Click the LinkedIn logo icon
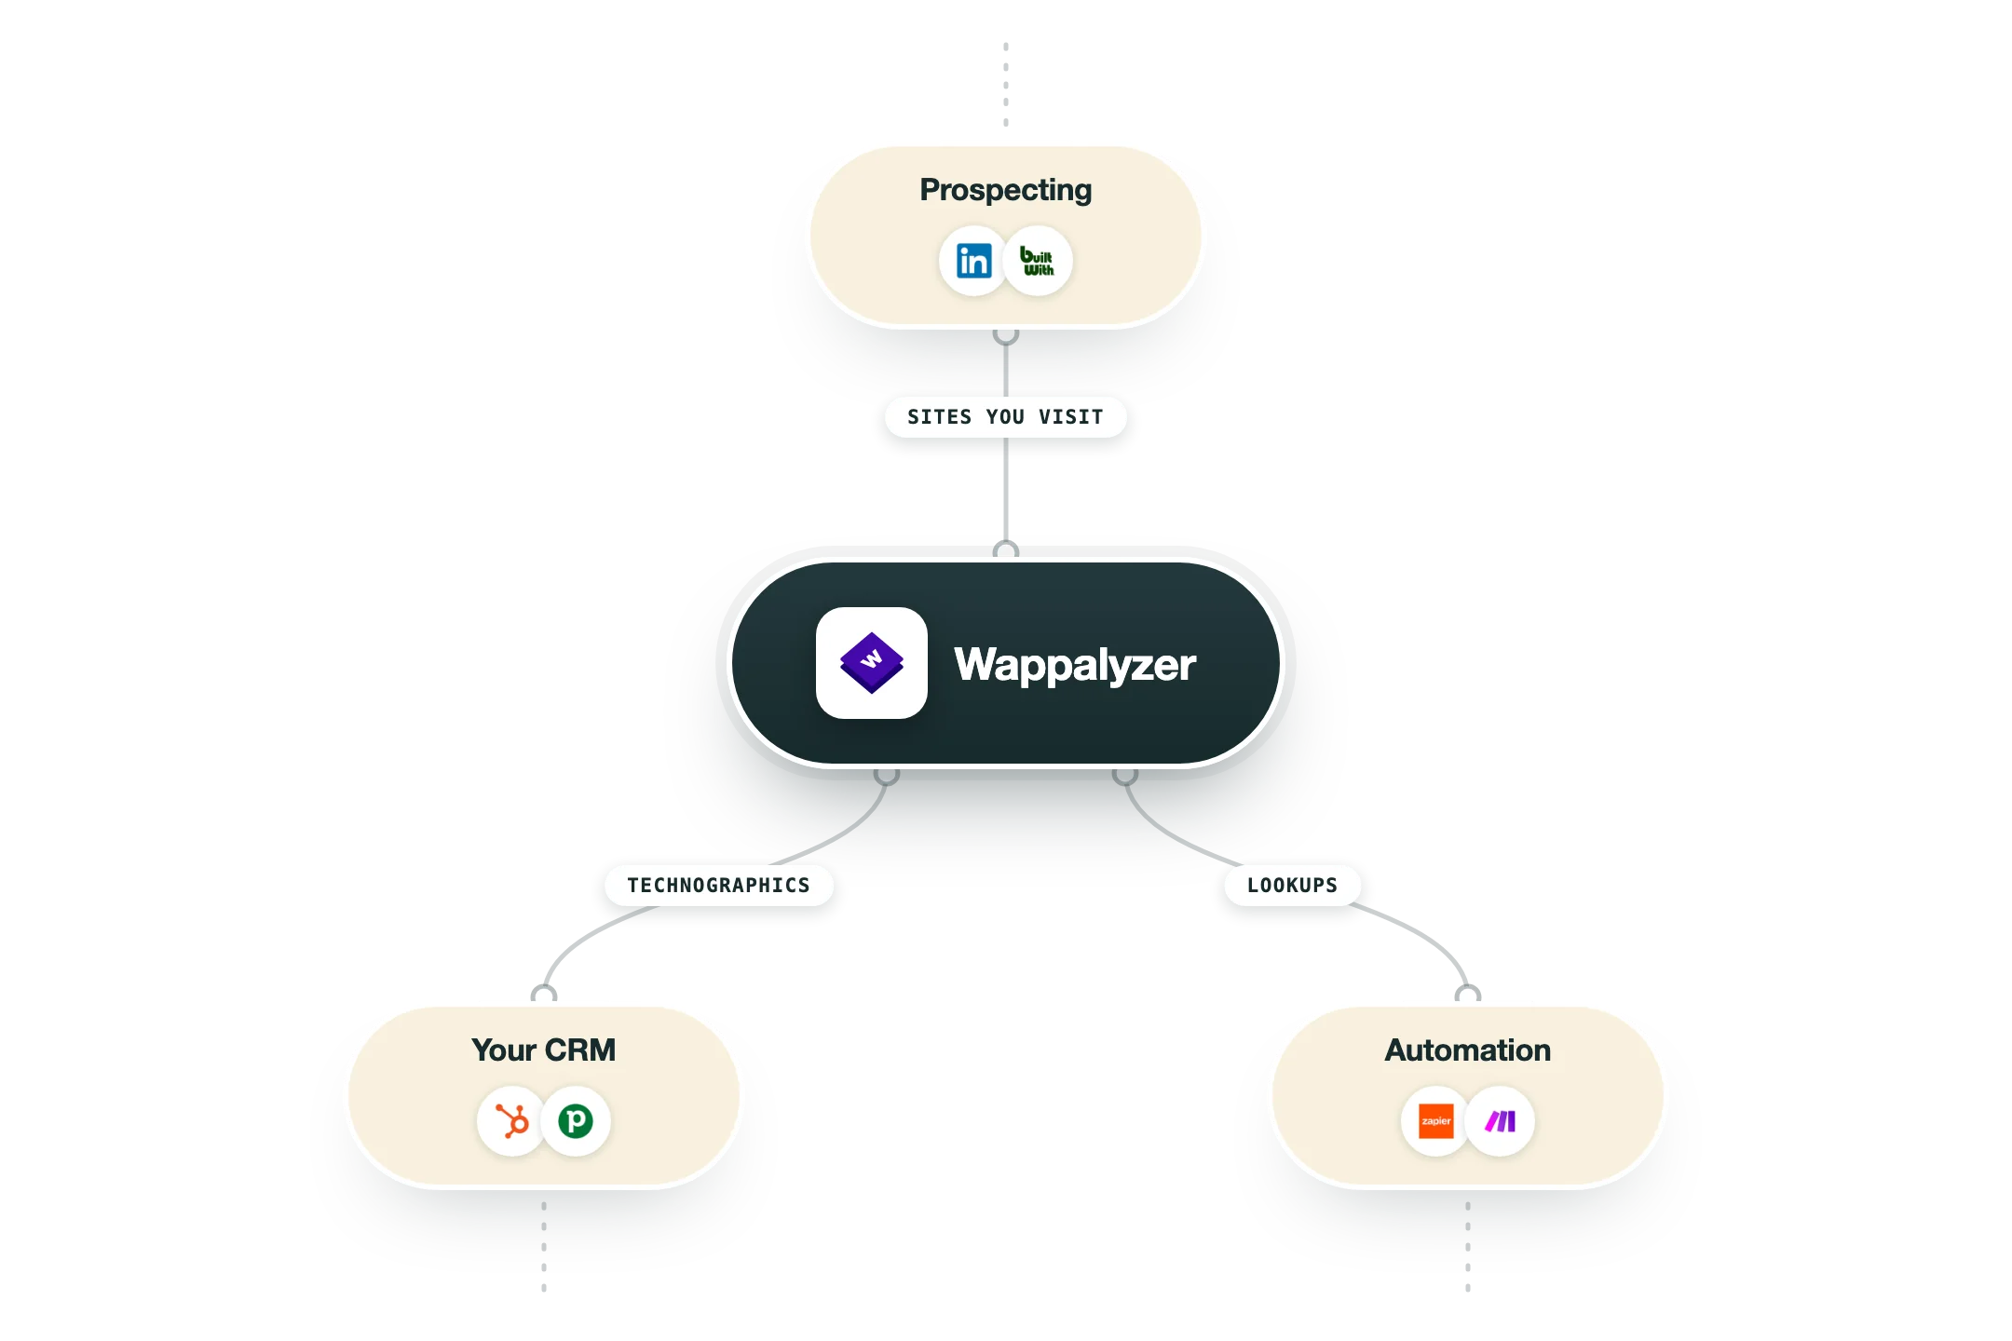(973, 261)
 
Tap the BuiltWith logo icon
(1038, 261)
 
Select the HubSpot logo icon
(511, 1121)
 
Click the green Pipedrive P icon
(576, 1121)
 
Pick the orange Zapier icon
(1435, 1121)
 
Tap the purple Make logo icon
(1500, 1121)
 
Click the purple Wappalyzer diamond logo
(872, 663)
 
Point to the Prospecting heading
(1006, 190)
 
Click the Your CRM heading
(544, 1050)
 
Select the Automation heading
(1468, 1050)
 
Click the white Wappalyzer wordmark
(1075, 665)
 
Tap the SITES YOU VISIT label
(1006, 417)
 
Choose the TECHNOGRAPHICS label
(719, 886)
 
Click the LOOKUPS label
(1293, 886)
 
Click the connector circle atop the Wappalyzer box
(1006, 549)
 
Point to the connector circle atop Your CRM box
(544, 994)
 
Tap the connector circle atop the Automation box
(1468, 994)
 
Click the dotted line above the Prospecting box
(1006, 84)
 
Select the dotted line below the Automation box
(1468, 1246)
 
